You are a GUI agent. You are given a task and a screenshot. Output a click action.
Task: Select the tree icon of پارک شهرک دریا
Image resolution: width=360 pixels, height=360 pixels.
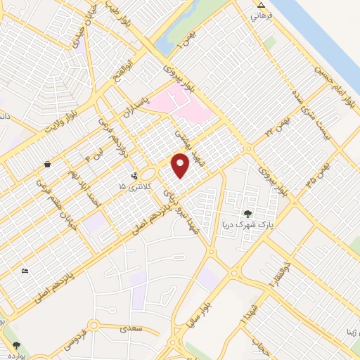click(247, 214)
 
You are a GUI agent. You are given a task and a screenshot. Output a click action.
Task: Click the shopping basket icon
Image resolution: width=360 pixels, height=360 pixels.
click(46, 164)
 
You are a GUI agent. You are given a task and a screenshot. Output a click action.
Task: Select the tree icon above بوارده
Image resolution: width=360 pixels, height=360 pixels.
click(15, 345)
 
